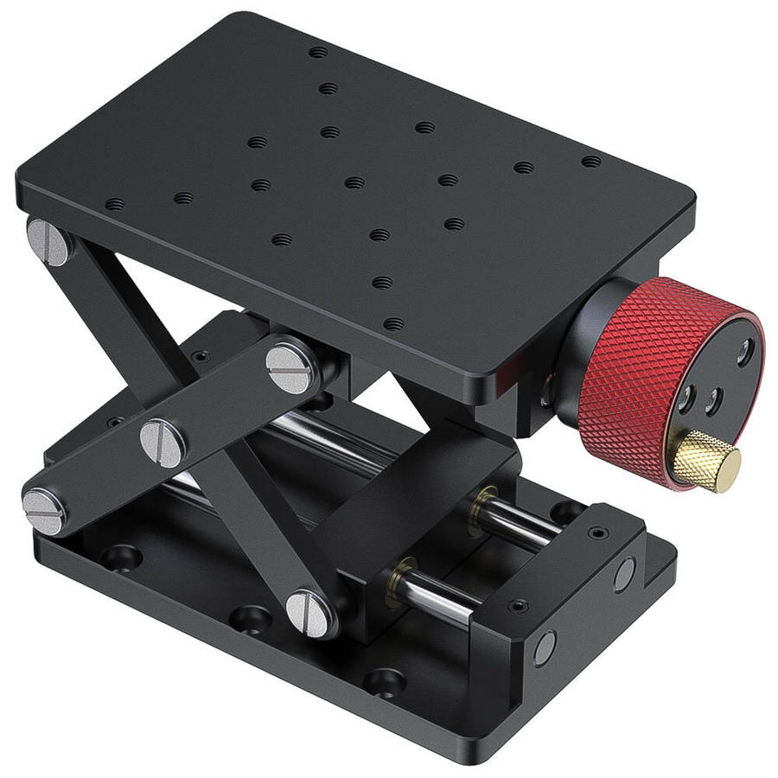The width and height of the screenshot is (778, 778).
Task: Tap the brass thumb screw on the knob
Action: coord(709,462)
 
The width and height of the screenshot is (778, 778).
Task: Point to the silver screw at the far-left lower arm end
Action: coord(43,510)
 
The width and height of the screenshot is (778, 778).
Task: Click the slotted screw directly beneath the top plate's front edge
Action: coord(290,368)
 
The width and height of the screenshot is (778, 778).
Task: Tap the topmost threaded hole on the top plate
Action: coord(319,53)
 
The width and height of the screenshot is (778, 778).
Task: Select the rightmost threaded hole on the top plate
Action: coord(590,162)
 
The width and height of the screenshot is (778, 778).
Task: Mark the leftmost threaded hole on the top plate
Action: coord(114,205)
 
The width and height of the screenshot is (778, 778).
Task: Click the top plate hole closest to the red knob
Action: coord(393,324)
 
